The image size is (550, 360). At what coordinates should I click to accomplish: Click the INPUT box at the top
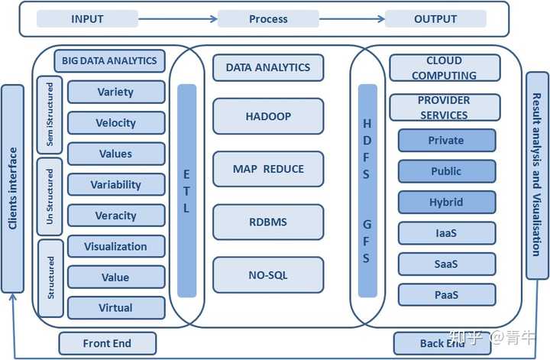(x=87, y=18)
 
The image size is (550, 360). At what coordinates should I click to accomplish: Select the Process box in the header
(x=268, y=18)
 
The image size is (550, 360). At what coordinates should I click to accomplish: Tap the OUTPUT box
(x=435, y=18)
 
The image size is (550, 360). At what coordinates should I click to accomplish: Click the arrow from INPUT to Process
(x=178, y=18)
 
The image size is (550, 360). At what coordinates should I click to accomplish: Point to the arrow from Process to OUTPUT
(x=352, y=18)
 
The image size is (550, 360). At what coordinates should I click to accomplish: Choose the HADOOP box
(x=268, y=116)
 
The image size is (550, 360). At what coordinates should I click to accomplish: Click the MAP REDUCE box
(x=268, y=169)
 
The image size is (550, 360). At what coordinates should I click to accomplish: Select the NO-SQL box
(x=268, y=275)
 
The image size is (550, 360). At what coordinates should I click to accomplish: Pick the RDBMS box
(x=268, y=222)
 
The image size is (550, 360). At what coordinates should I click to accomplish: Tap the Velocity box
(x=116, y=123)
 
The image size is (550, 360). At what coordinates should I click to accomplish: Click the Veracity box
(x=116, y=216)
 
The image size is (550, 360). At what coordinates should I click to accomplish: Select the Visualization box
(x=116, y=246)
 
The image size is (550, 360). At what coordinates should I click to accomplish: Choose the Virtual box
(x=116, y=308)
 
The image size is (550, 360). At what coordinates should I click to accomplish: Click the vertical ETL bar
(x=186, y=190)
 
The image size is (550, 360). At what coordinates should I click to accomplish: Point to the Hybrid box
(x=447, y=202)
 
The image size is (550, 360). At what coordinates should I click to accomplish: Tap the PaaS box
(x=447, y=295)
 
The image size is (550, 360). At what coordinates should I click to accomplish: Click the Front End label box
(x=108, y=343)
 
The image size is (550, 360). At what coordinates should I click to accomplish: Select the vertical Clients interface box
(x=13, y=189)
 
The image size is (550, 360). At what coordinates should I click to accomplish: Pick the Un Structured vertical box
(x=50, y=196)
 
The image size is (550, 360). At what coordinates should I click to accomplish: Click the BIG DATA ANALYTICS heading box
(x=109, y=60)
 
